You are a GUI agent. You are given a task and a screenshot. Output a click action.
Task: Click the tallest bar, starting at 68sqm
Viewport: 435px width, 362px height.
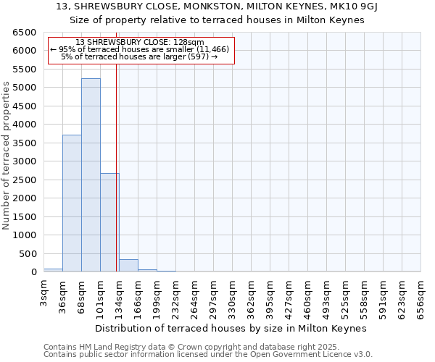coord(91,174)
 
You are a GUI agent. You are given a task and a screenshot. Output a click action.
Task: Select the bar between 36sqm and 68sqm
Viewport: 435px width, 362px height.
coord(72,203)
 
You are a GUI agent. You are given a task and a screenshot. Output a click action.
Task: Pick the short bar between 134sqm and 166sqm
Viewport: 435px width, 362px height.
coord(128,266)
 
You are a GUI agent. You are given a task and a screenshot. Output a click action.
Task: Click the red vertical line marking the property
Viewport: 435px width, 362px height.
coord(116,181)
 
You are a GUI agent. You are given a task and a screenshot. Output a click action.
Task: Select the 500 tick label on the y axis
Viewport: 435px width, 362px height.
coord(27,254)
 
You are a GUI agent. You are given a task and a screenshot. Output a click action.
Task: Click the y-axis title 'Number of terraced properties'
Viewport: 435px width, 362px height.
coord(7,156)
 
